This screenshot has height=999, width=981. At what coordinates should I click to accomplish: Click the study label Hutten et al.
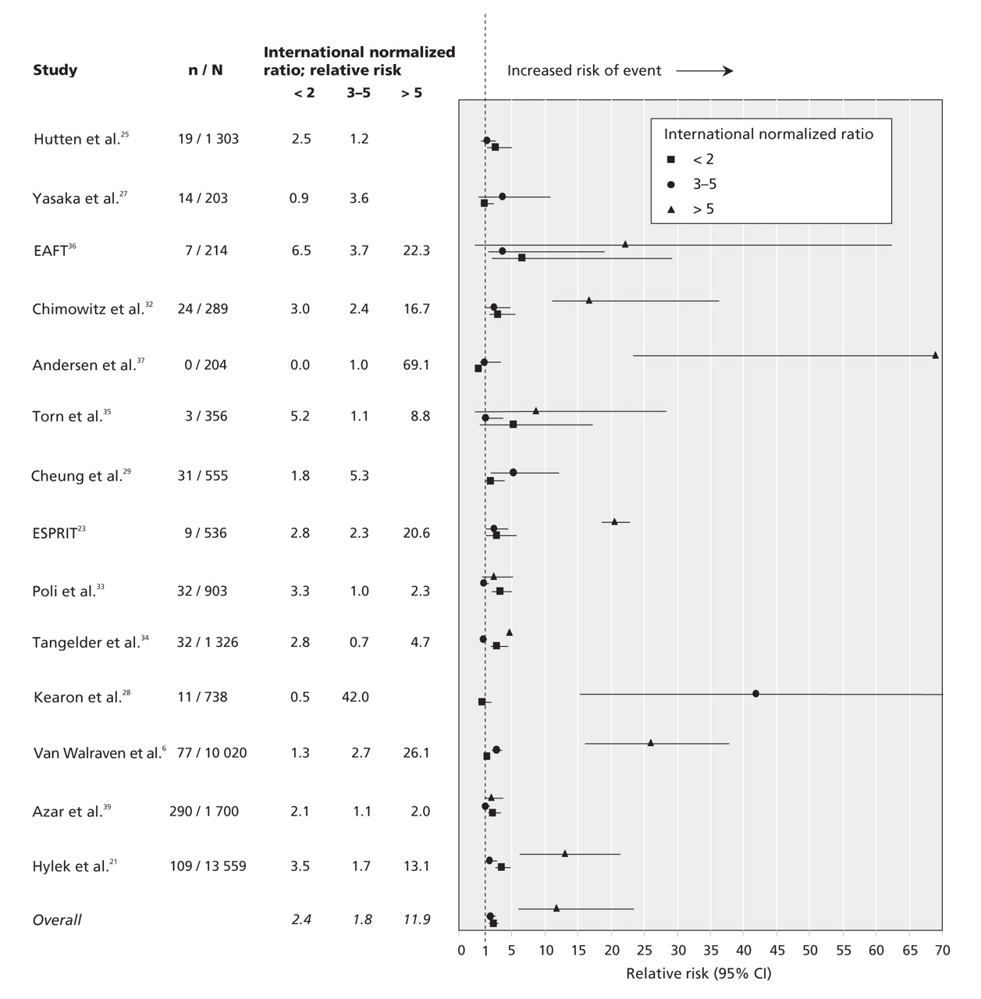point(77,139)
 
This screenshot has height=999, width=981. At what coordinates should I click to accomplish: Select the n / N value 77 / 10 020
point(207,753)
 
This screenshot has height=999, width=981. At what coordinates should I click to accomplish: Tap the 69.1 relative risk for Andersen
point(415,365)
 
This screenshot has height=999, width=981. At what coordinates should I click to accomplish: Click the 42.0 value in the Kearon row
point(355,697)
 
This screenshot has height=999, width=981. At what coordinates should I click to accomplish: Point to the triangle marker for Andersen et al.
point(935,355)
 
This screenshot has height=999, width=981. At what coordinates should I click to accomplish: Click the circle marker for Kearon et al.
point(755,693)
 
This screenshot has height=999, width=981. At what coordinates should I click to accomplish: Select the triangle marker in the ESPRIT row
point(614,521)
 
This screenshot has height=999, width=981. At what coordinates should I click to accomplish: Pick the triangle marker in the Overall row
point(556,908)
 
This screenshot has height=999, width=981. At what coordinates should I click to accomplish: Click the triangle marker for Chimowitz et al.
point(589,300)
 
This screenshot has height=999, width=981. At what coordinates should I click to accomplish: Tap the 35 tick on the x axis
point(711,951)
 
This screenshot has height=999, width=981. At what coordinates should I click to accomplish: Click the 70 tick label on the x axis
point(942,951)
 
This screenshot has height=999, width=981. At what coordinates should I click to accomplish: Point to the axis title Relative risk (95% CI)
point(698,973)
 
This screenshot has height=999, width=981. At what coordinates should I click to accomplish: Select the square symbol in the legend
point(670,159)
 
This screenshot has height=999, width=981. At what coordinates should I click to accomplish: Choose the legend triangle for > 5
point(670,209)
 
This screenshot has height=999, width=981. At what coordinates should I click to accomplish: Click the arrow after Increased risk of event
point(705,71)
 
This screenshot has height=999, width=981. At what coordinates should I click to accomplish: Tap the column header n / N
point(205,70)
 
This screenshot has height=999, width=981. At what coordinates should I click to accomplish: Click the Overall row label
point(57,920)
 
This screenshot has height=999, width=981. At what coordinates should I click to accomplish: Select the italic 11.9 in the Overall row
point(417,920)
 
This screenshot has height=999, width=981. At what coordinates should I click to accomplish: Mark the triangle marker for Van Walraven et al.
point(651,743)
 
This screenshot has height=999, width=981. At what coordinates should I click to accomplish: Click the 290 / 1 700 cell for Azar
point(204,812)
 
